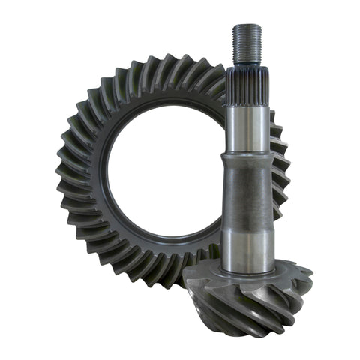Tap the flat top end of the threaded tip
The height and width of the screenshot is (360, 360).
tap(246, 25)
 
